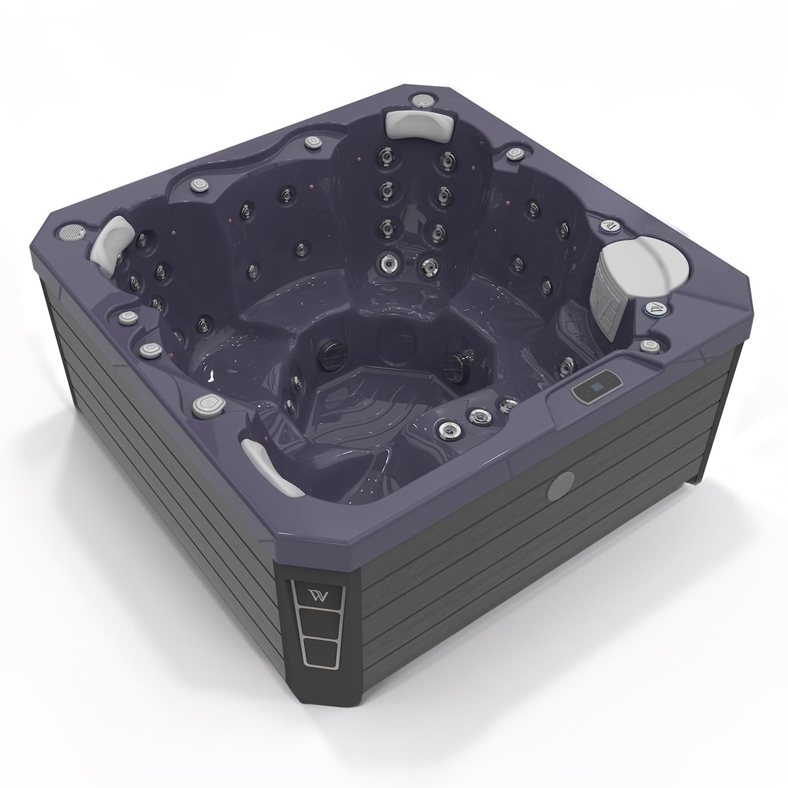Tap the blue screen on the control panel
pos(587,389)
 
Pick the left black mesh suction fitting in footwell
pos(326,355)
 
